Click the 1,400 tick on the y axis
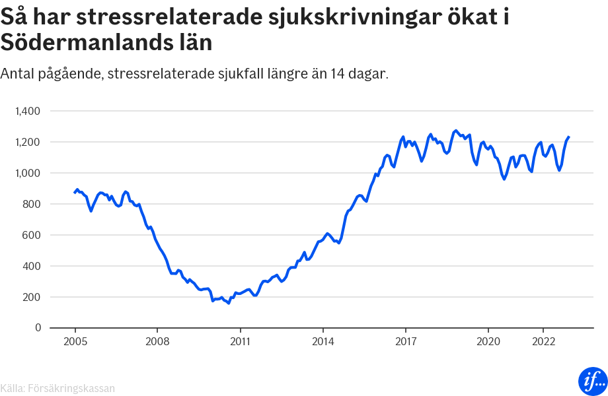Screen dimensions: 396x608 tap(28, 111)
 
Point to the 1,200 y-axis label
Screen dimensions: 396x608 tap(28, 142)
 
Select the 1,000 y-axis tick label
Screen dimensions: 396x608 tap(28, 173)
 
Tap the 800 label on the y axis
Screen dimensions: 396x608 tap(31, 204)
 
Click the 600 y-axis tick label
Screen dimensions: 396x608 tap(31, 235)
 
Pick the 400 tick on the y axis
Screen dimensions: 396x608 tap(31, 266)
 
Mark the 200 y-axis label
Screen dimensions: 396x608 tap(31, 297)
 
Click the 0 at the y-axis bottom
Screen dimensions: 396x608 tap(38, 328)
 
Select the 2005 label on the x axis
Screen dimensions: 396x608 tap(75, 341)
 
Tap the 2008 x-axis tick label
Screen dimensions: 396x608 tap(157, 341)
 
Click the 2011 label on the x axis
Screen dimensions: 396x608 tap(240, 341)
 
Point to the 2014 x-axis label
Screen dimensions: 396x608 tap(323, 341)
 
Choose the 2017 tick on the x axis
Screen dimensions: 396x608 tap(405, 341)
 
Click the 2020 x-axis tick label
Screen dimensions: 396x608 tap(488, 341)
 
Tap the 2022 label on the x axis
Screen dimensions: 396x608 tap(543, 341)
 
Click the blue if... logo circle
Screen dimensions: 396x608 tap(592, 381)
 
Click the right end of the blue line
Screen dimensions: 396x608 tap(569, 137)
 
